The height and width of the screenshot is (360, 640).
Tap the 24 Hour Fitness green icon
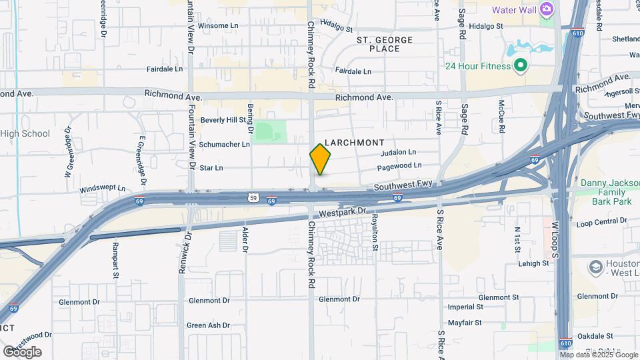point(521,66)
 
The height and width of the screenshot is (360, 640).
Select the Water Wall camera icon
point(547,10)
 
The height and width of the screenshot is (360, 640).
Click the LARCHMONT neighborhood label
point(354,143)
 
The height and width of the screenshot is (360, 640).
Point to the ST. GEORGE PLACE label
point(385,45)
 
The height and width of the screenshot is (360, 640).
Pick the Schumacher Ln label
point(225,144)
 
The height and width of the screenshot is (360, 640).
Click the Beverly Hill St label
point(223,120)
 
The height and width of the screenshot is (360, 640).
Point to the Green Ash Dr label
point(208,325)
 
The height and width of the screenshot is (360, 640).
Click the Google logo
point(22,352)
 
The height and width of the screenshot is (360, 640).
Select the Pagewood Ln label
point(399,165)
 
